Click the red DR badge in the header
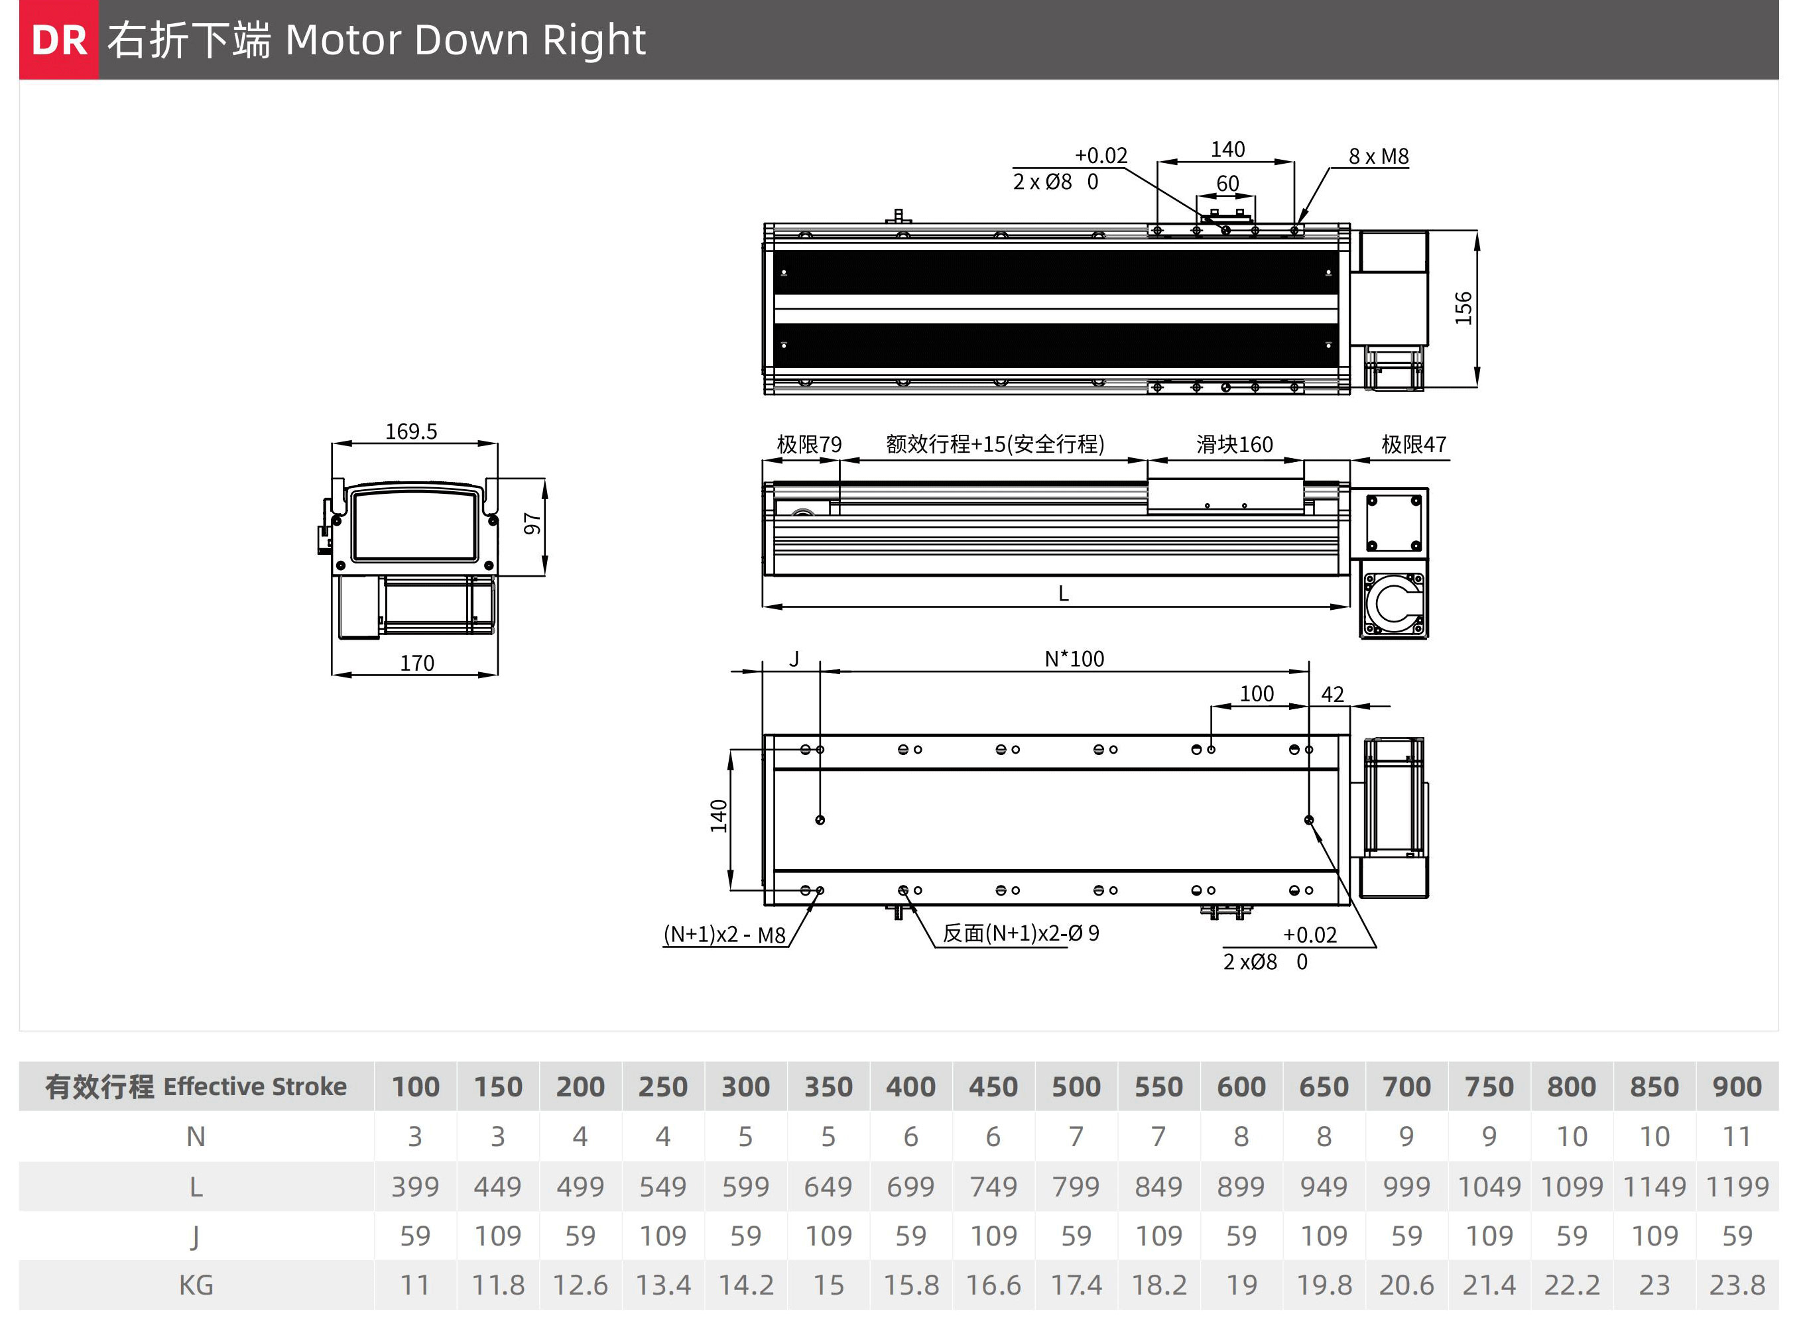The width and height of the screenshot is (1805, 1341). tap(58, 40)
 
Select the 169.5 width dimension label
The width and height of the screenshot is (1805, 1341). tap(411, 431)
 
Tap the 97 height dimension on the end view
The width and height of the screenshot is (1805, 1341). tap(532, 524)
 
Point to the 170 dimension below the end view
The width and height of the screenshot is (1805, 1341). tap(416, 663)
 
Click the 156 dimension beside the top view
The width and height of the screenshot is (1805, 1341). tap(1463, 308)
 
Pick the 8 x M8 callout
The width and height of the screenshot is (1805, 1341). tap(1379, 156)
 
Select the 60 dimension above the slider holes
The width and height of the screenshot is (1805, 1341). tap(1227, 184)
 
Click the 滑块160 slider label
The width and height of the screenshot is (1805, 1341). tap(1234, 444)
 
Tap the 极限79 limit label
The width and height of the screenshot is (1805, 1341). tap(809, 444)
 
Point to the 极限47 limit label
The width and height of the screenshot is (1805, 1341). tap(1414, 444)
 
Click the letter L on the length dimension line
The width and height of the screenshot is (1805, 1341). tap(1064, 593)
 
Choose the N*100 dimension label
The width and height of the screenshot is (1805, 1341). tap(1074, 658)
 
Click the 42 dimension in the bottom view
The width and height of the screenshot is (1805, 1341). tap(1332, 694)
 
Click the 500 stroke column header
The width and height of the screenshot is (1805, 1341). tap(1076, 1086)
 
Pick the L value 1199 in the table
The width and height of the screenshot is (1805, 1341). tap(1737, 1187)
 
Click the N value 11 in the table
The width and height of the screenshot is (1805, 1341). tap(1737, 1136)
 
